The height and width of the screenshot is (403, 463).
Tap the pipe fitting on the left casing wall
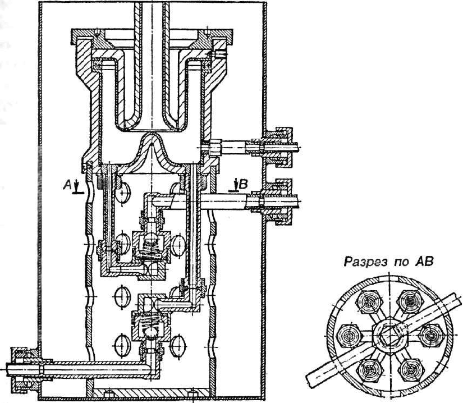pos(22,368)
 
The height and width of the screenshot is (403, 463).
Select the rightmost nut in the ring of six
pos(430,336)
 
